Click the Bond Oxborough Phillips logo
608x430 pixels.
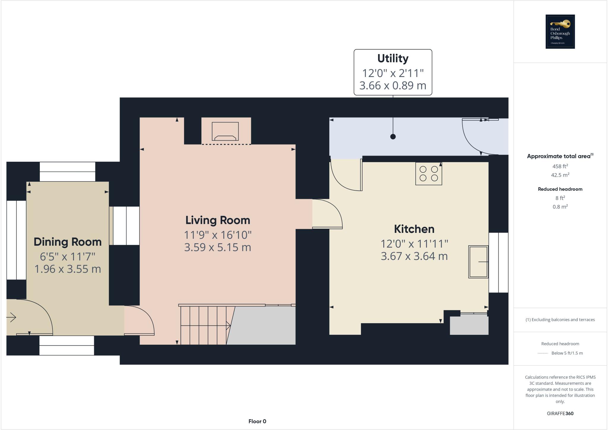[560, 32]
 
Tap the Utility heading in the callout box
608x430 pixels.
[392, 58]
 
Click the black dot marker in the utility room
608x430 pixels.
[393, 137]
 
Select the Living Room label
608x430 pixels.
[218, 220]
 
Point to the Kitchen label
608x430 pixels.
[414, 229]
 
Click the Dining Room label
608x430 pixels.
[67, 242]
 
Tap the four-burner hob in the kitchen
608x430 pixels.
[428, 174]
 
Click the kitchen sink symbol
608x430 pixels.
[478, 262]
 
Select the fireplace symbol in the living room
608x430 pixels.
[225, 131]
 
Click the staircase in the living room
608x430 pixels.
[205, 325]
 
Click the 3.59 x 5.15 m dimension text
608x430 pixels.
[218, 247]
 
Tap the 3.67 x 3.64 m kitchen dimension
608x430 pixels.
[414, 256]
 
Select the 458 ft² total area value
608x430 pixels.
[560, 166]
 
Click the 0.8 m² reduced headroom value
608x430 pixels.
[560, 207]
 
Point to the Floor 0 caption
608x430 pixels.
[257, 421]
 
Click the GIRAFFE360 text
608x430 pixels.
[560, 413]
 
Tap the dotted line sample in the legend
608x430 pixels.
[543, 353]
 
